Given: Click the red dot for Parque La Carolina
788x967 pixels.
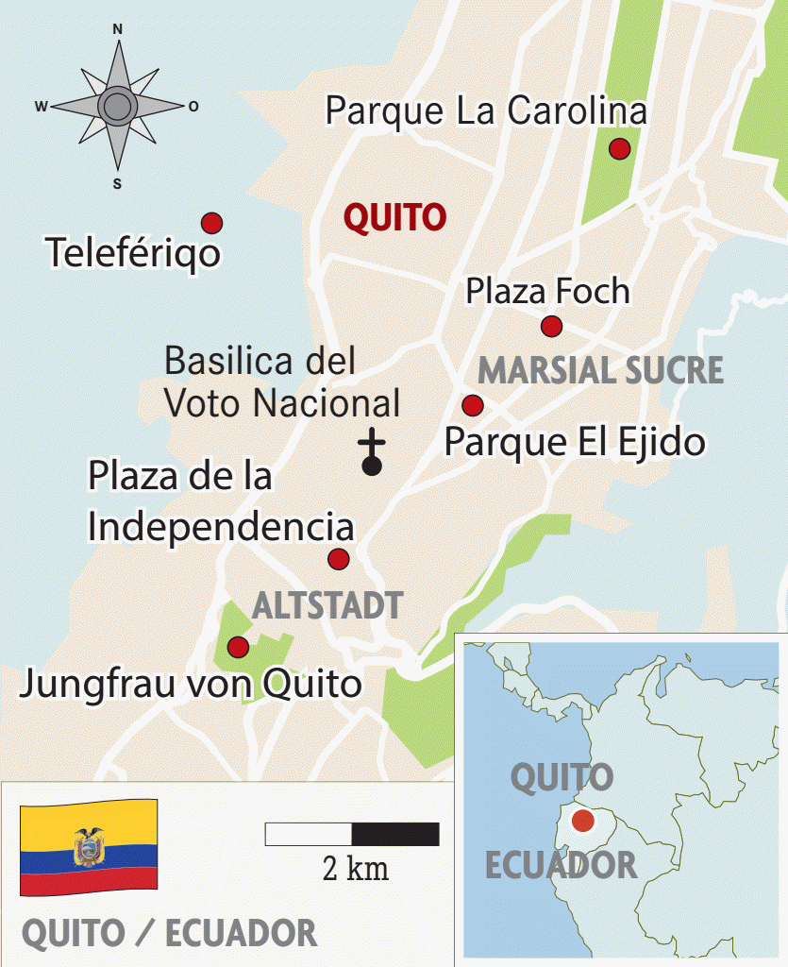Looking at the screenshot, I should pyautogui.click(x=619, y=148).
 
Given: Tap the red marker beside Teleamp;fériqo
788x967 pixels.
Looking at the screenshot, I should pyautogui.click(x=211, y=223).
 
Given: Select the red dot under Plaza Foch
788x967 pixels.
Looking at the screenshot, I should pyautogui.click(x=551, y=327).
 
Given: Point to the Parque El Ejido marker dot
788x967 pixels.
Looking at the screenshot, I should pyautogui.click(x=473, y=405).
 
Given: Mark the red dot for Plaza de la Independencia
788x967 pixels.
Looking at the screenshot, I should pyautogui.click(x=338, y=559).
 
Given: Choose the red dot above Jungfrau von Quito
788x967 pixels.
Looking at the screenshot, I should pyautogui.click(x=238, y=647).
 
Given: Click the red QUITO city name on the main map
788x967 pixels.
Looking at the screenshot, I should pyautogui.click(x=394, y=218).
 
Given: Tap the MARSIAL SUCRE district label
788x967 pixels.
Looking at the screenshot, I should pyautogui.click(x=600, y=370).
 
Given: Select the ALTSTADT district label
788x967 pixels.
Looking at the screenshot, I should pyautogui.click(x=327, y=605).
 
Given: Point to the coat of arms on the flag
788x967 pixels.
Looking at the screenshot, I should pyautogui.click(x=89, y=846).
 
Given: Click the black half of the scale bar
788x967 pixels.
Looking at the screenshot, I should pyautogui.click(x=395, y=834).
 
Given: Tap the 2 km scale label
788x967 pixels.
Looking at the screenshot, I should pyautogui.click(x=355, y=868).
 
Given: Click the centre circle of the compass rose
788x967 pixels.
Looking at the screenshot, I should pyautogui.click(x=117, y=106).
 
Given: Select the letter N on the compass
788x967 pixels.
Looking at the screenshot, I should pyautogui.click(x=118, y=29).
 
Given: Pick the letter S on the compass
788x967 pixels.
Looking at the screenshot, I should pyautogui.click(x=117, y=184).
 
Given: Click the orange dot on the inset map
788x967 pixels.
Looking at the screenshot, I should pyautogui.click(x=582, y=821).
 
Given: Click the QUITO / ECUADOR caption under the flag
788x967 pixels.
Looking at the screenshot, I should pyautogui.click(x=169, y=934).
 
